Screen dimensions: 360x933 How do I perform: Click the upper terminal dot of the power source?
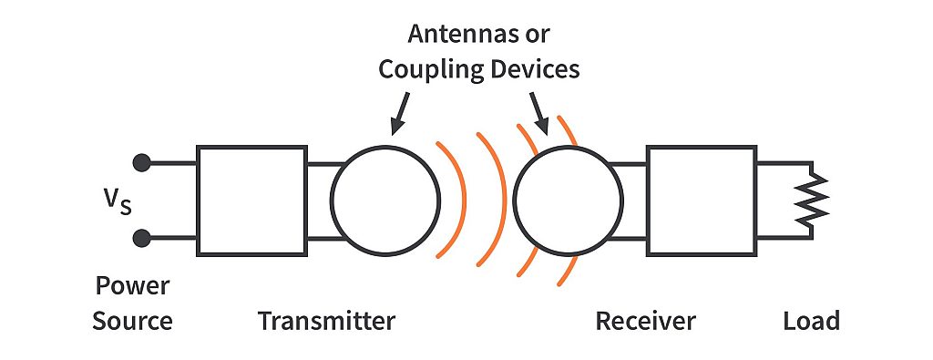tap(141, 163)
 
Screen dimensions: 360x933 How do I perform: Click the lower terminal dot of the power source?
tap(141, 239)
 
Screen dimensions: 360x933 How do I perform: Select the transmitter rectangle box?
tap(251, 200)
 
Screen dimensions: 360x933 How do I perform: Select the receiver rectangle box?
tap(700, 200)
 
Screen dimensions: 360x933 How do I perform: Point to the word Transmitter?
tap(326, 321)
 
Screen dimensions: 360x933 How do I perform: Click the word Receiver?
tap(645, 321)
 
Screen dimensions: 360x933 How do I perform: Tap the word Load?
tap(811, 321)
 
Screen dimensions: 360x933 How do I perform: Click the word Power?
tap(132, 288)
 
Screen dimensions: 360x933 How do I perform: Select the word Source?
tap(133, 321)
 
